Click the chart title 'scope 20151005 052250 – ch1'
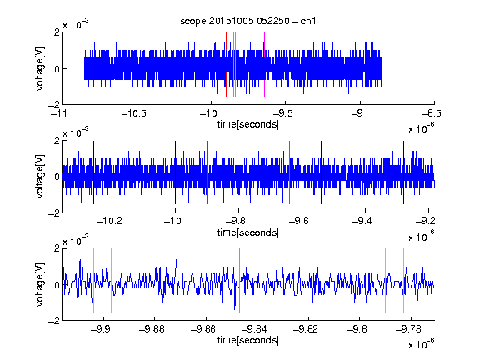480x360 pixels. tap(247, 21)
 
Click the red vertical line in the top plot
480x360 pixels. tap(226, 65)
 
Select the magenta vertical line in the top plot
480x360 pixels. tap(264, 65)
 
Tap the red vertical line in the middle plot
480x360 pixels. tap(207, 172)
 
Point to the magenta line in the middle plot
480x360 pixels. tap(290, 172)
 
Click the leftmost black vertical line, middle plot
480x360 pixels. tap(93, 172)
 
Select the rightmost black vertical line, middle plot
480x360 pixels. tap(404, 172)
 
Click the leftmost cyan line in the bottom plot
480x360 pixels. tap(93, 280)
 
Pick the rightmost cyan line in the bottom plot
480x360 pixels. tap(404, 280)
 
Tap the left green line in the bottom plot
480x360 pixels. tap(239, 280)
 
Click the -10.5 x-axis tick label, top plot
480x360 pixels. tap(134, 113)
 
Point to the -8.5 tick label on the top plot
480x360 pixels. tap(432, 113)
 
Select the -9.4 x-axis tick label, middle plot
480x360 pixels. tap(362, 221)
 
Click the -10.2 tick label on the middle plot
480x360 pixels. tap(109, 221)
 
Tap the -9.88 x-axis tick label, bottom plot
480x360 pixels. tap(152, 329)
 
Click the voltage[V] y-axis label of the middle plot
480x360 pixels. tap(40, 177)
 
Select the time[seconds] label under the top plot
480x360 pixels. tap(248, 124)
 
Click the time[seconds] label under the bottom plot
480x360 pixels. tap(248, 340)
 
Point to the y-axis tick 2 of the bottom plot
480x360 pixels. tap(57, 248)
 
